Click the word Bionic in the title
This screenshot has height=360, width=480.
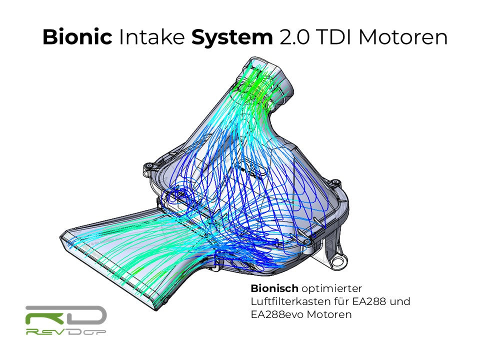77,37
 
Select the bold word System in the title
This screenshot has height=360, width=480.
232,37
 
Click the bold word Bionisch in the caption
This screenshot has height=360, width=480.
274,289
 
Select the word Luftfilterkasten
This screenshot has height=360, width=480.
288,302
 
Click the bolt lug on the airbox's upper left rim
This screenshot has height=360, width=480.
148,167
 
